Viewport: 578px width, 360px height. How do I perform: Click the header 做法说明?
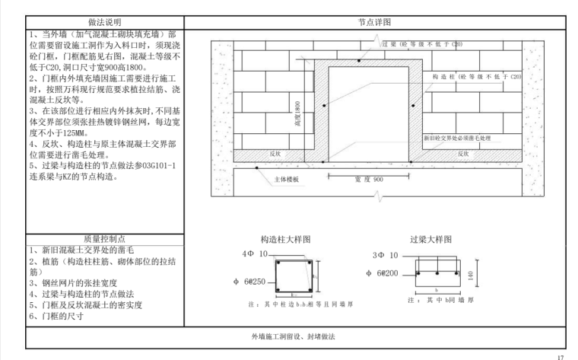(x=104, y=22)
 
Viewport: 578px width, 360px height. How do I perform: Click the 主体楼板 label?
(x=287, y=180)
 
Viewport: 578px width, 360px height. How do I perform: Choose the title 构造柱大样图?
(x=285, y=238)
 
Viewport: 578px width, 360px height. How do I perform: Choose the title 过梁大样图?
(x=433, y=238)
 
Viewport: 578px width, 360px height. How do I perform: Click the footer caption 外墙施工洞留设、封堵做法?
(x=294, y=335)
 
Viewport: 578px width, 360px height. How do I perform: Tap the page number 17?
(x=561, y=354)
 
